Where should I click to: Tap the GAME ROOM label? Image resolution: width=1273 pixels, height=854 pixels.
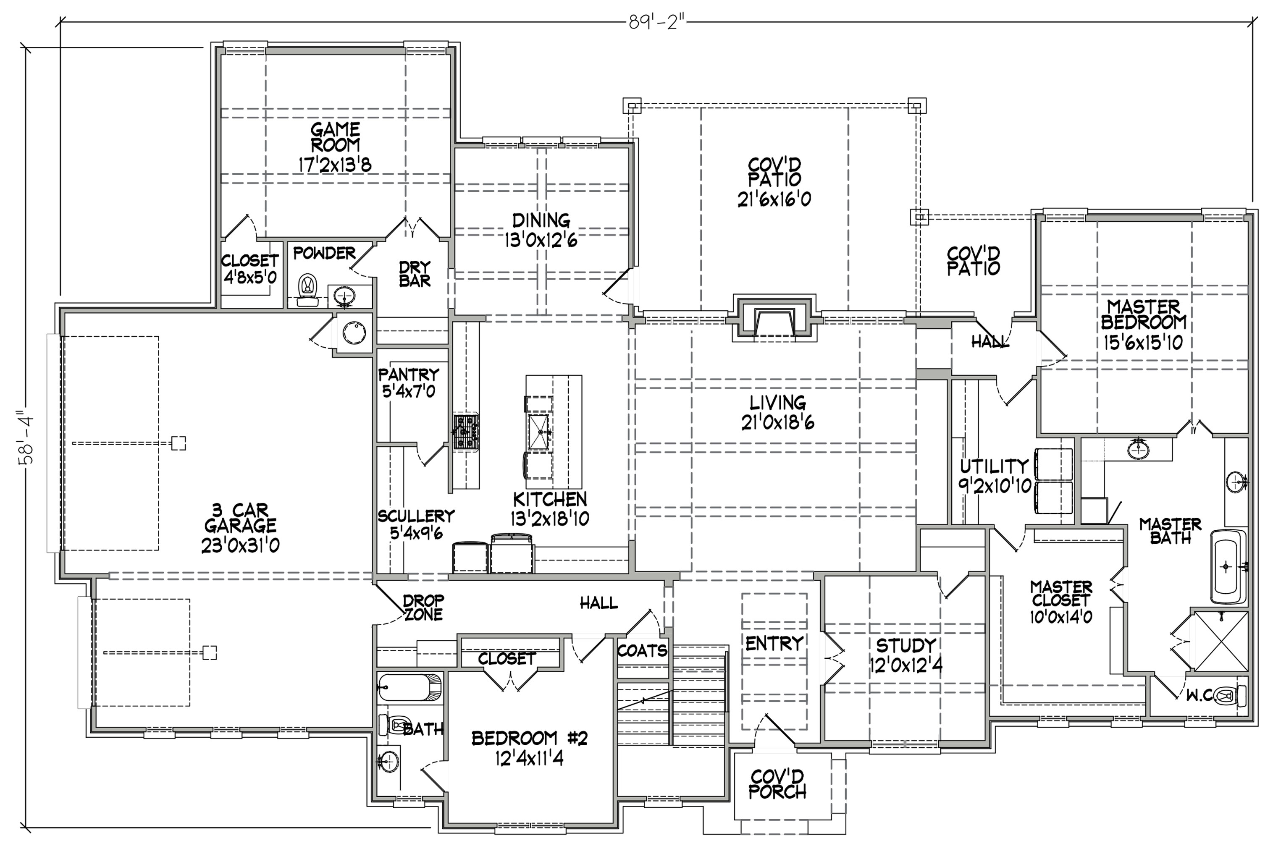click(335, 137)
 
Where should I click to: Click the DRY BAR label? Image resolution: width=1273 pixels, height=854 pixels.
click(415, 274)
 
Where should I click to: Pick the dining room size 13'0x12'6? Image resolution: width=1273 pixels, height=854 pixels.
click(541, 240)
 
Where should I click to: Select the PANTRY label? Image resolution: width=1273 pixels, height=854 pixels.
click(409, 375)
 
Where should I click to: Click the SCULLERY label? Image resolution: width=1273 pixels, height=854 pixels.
click(416, 516)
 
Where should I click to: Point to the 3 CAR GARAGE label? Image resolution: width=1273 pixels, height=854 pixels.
click(240, 518)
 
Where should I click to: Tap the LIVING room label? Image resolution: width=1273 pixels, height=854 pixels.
click(777, 403)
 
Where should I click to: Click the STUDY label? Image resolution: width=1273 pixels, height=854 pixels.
click(906, 645)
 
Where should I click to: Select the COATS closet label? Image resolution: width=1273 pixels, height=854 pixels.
click(642, 650)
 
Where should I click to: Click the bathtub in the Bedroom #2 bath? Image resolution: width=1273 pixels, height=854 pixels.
click(409, 688)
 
